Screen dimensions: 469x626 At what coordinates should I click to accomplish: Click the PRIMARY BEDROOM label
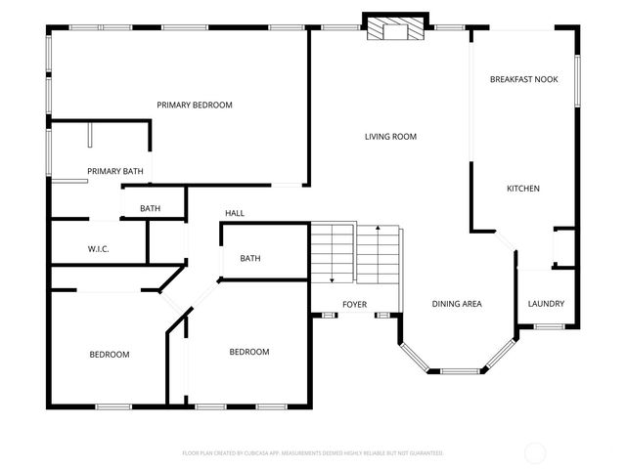pyautogui.click(x=195, y=105)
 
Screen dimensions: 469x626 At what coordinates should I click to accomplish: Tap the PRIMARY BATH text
pyautogui.click(x=115, y=172)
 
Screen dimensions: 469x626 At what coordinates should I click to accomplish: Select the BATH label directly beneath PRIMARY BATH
pyautogui.click(x=150, y=208)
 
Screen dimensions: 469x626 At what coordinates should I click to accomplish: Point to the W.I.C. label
pyautogui.click(x=99, y=249)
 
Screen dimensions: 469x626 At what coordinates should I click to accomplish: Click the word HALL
pyautogui.click(x=235, y=213)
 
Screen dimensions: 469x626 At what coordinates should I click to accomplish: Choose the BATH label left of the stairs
pyautogui.click(x=250, y=259)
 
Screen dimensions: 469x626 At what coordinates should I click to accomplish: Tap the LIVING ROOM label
pyautogui.click(x=390, y=137)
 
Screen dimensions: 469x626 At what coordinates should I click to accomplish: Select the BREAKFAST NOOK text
pyautogui.click(x=523, y=79)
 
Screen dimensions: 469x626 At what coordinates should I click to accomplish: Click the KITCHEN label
pyautogui.click(x=522, y=189)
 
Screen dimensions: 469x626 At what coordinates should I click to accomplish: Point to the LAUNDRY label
pyautogui.click(x=546, y=304)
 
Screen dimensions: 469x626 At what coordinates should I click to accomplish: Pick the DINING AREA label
pyautogui.click(x=457, y=304)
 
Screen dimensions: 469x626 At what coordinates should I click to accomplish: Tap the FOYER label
pyautogui.click(x=354, y=305)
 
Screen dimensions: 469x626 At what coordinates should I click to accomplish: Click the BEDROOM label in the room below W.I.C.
pyautogui.click(x=110, y=355)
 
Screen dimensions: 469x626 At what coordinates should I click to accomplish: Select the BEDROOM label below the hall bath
pyautogui.click(x=249, y=352)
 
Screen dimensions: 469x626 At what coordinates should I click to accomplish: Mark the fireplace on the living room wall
pyautogui.click(x=395, y=29)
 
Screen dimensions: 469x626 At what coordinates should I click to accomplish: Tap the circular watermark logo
pyautogui.click(x=535, y=452)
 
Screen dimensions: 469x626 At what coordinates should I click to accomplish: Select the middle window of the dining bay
pyautogui.click(x=457, y=371)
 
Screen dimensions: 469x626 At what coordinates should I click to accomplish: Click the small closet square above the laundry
pyautogui.click(x=563, y=248)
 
